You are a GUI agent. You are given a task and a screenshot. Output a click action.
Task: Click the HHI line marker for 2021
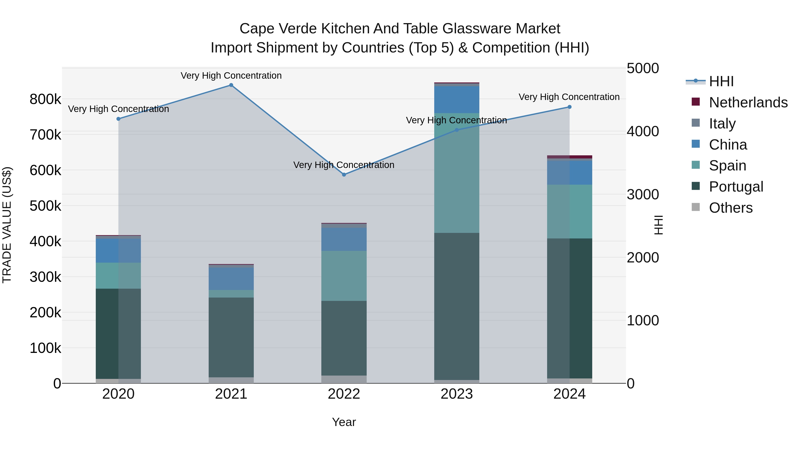231,85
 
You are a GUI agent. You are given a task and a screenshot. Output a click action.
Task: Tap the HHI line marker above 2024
569,107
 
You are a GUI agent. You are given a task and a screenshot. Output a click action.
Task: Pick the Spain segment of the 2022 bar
344,276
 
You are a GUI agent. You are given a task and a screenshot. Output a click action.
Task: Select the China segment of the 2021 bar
231,279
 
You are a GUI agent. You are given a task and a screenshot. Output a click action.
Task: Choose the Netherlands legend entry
748,102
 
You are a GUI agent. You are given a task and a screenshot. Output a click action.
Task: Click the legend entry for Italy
722,123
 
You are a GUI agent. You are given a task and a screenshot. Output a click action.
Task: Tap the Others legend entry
730,208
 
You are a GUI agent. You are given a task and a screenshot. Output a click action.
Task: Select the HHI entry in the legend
721,81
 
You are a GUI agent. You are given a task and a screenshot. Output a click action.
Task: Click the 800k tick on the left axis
45,99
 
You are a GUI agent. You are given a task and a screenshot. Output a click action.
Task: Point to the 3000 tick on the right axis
642,195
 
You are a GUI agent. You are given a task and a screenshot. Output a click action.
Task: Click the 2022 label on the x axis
344,394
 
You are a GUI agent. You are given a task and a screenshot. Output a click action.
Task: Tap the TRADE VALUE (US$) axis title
7,225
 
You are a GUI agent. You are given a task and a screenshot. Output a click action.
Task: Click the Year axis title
344,422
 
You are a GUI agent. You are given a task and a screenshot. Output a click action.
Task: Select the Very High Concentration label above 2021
231,76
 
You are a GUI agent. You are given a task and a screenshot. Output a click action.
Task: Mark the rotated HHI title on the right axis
658,225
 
